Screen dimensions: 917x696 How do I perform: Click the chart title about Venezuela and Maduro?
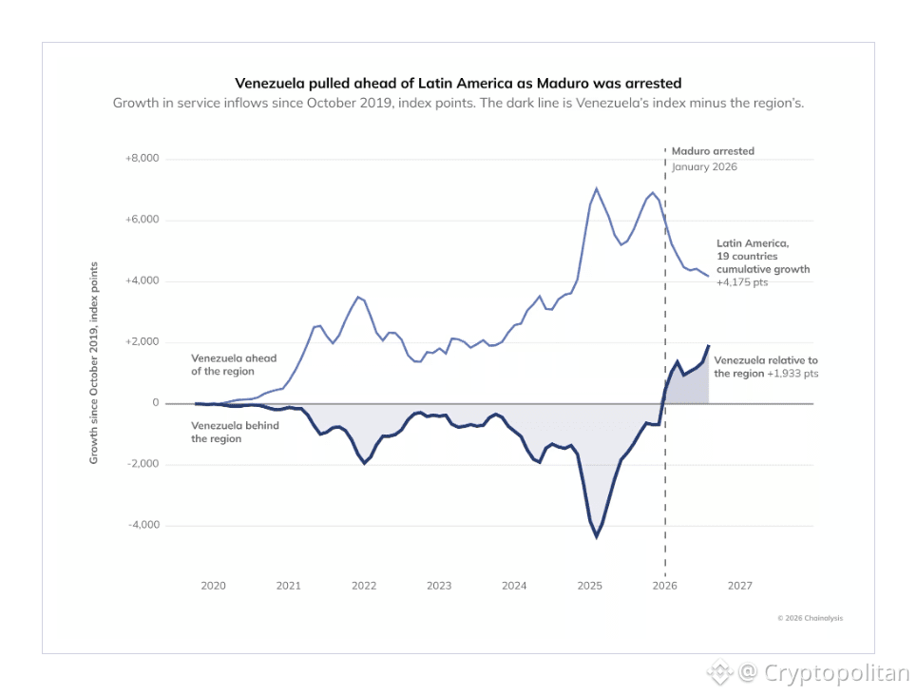point(458,83)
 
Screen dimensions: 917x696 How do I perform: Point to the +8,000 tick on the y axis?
point(143,158)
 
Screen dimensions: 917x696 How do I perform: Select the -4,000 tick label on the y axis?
point(143,525)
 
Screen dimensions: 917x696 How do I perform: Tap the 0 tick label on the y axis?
point(156,403)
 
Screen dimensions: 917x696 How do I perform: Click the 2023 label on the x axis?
point(439,586)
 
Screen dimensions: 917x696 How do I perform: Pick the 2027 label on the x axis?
point(740,586)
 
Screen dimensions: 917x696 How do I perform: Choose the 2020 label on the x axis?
point(214,586)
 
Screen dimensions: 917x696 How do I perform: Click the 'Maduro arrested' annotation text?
point(713,151)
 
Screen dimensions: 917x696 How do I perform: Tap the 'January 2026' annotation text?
point(704,166)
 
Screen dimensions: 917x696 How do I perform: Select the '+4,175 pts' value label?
point(742,282)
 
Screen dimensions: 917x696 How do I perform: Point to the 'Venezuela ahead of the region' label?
point(234,365)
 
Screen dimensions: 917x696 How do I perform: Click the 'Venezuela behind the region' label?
point(235,432)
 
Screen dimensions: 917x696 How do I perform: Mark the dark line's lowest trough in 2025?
point(597,537)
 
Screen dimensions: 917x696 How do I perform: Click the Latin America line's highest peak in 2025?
point(597,188)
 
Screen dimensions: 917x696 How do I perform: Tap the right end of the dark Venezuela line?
point(709,345)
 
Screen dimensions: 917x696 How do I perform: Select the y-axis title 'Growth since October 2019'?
point(93,363)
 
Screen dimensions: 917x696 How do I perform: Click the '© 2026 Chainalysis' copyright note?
point(811,618)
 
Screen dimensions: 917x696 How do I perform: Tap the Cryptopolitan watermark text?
point(837,672)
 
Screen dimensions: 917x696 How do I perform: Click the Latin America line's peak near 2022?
point(358,297)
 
